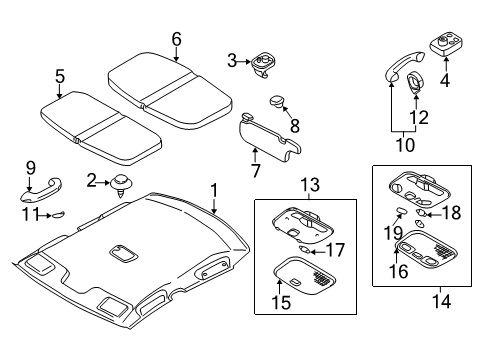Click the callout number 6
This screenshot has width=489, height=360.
click(177, 39)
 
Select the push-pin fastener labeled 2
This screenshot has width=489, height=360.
click(121, 185)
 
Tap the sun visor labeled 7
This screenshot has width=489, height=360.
click(270, 138)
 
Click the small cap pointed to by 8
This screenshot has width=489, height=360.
click(276, 101)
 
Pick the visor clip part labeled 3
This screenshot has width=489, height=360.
click(261, 66)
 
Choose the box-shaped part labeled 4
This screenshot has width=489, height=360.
click(446, 45)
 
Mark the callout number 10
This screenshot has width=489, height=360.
click(405, 145)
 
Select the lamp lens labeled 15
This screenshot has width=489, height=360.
click(304, 275)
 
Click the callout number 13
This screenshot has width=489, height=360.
click(310, 184)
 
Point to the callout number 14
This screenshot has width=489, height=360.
click(441, 301)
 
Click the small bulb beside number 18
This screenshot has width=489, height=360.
click(421, 213)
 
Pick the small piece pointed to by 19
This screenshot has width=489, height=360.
click(399, 210)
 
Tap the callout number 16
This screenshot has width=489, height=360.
click(399, 271)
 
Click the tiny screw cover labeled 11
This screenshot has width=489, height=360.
click(59, 214)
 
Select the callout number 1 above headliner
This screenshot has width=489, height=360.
click(214, 190)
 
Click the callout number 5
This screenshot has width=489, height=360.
click(60, 76)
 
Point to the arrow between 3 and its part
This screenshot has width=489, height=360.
click(244, 62)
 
